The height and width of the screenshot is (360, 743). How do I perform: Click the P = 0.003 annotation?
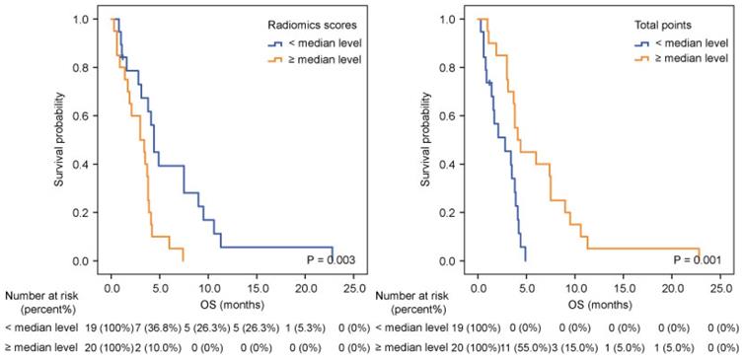329,259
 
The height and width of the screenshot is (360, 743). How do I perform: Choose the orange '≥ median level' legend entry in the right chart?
679,59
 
